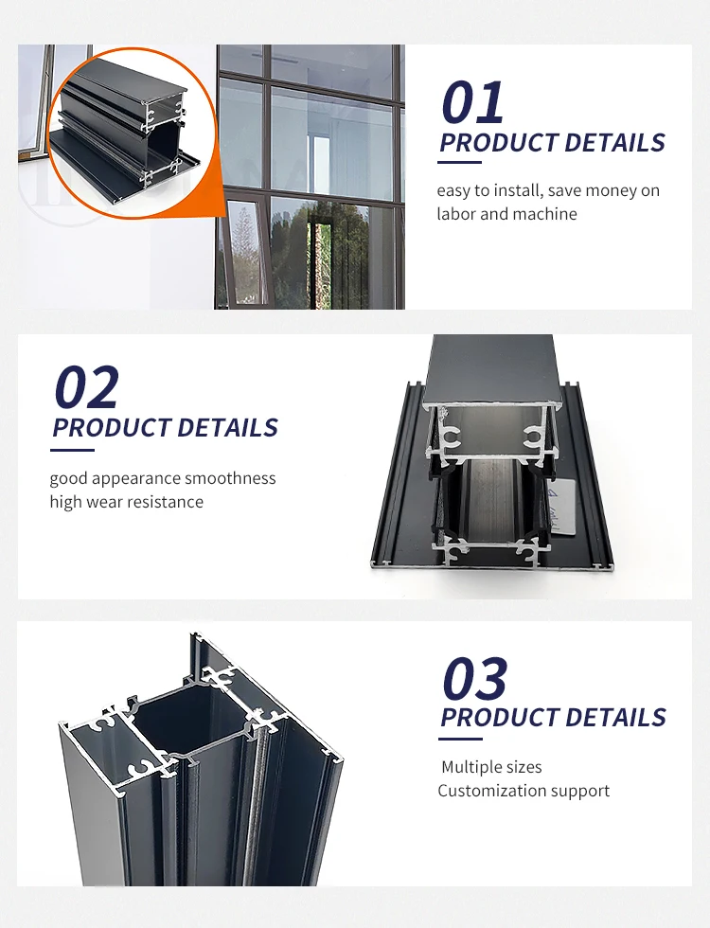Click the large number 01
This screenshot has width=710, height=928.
(x=472, y=103)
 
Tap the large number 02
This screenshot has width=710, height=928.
(x=86, y=387)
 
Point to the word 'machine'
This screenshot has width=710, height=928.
(x=545, y=215)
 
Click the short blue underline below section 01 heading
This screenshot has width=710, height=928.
(x=461, y=161)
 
